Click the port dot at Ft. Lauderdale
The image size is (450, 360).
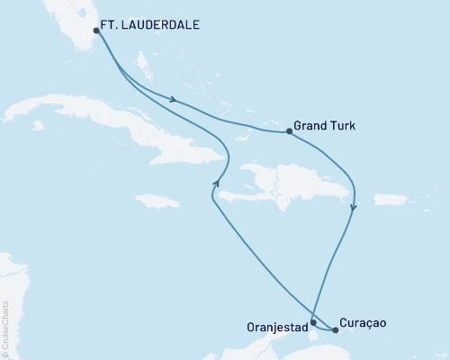(x=96, y=30)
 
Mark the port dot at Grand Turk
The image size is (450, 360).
(x=288, y=131)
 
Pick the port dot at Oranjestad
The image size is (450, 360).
(x=312, y=321)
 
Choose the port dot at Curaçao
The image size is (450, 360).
(x=336, y=330)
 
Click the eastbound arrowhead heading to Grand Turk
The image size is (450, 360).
(x=172, y=99)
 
